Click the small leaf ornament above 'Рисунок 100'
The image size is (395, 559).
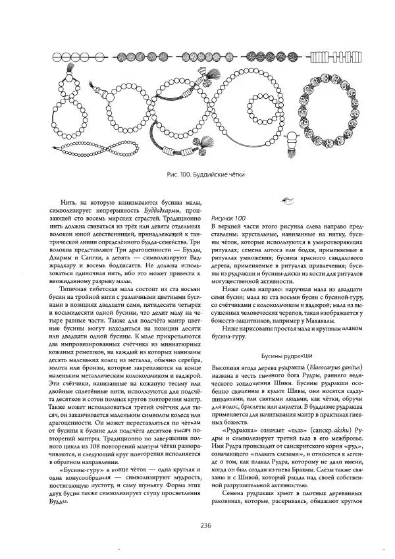point(286,200)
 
